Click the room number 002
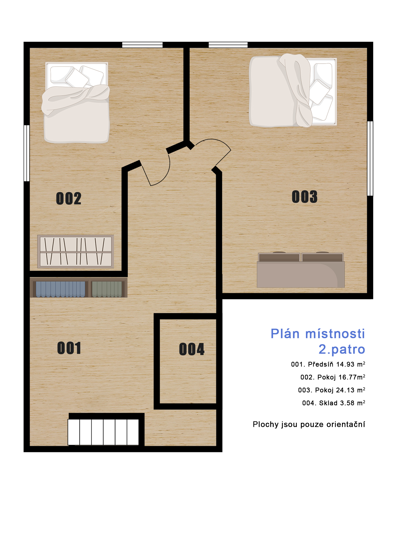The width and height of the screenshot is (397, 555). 69,198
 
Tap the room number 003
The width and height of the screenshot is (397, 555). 305,197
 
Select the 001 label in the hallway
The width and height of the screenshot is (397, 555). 69,348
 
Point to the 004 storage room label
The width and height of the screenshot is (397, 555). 192,349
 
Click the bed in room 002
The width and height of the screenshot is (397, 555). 76,103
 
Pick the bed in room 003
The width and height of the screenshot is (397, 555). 293,91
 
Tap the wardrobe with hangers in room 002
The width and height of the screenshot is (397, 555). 76,252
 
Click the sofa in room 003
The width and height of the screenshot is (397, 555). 301,270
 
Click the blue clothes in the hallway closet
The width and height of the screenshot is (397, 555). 60,289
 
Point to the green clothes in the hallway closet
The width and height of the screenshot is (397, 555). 107,289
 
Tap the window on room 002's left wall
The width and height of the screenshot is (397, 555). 26,153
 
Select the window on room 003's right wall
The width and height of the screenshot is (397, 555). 370,158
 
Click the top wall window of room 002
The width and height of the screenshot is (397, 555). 142,45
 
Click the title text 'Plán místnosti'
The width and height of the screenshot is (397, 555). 318,334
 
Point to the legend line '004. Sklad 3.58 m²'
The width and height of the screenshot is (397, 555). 334,403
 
